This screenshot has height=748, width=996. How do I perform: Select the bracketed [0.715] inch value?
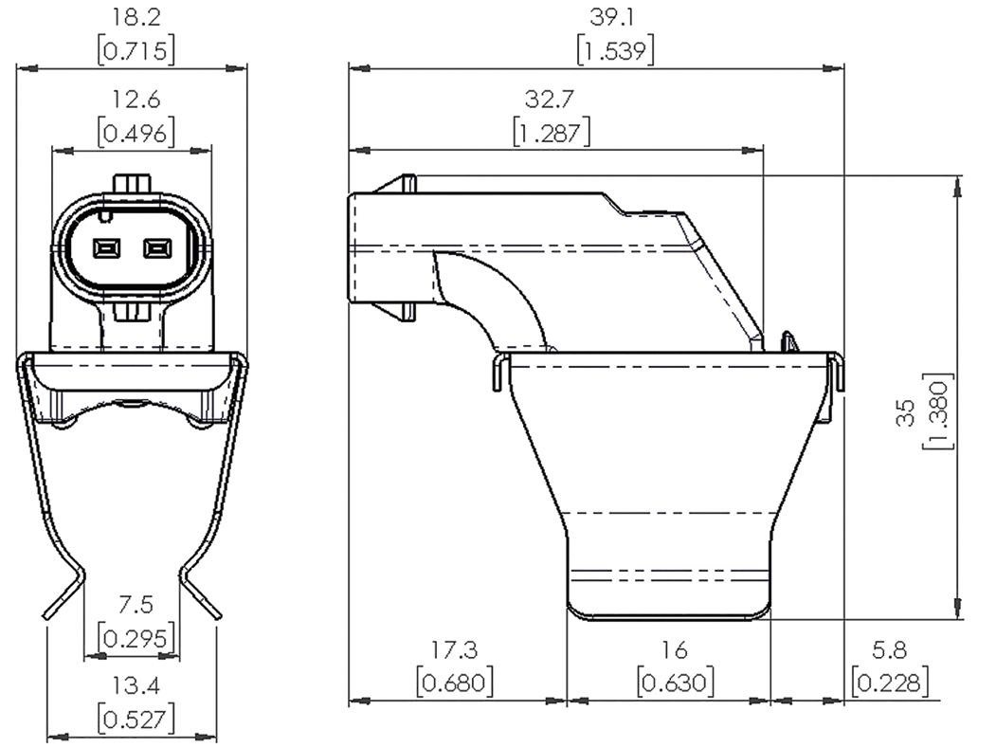136,49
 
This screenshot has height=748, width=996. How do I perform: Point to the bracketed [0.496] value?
136,133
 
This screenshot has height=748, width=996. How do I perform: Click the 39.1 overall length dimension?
615,18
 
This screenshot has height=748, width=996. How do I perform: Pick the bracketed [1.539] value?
615,49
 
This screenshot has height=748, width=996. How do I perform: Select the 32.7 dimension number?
551,100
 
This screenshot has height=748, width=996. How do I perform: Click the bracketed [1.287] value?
551,132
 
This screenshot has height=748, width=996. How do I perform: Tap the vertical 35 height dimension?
906,410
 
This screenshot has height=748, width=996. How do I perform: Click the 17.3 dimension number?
455,649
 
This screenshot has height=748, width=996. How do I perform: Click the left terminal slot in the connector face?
104,248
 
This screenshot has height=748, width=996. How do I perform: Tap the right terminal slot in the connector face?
155,248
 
